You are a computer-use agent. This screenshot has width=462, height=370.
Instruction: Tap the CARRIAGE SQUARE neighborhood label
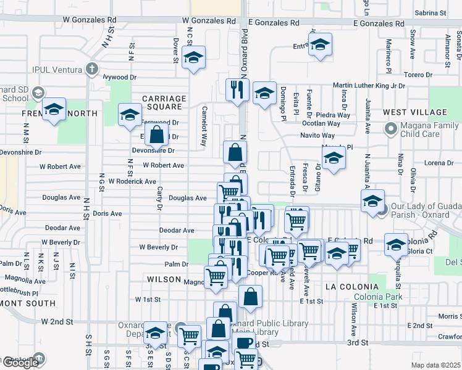pyautogui.click(x=164, y=104)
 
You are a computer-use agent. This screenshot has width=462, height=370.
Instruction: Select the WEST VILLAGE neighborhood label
pyautogui.click(x=414, y=112)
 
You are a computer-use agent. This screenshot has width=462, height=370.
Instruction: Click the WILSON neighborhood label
pyautogui.click(x=164, y=279)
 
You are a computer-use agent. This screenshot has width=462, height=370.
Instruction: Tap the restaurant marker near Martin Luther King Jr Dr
pyautogui.click(x=237, y=90)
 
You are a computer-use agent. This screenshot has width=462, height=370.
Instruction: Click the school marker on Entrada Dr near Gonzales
pyautogui.click(x=320, y=45)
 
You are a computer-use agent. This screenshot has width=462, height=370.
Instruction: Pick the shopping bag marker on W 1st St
pyautogui.click(x=250, y=297)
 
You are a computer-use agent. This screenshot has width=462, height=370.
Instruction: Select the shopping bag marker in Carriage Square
pyautogui.click(x=157, y=134)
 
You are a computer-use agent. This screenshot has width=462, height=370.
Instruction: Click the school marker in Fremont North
pyautogui.click(x=54, y=110)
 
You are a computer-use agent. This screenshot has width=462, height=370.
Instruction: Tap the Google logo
pyautogui.click(x=20, y=363)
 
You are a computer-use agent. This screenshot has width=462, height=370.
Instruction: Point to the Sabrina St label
pyautogui.click(x=430, y=12)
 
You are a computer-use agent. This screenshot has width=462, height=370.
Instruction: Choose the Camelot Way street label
pyautogui.click(x=203, y=126)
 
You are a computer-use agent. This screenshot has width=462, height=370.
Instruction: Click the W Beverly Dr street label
pyautogui.click(x=158, y=247)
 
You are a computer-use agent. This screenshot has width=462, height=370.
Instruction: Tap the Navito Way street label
pyautogui.click(x=317, y=136)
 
